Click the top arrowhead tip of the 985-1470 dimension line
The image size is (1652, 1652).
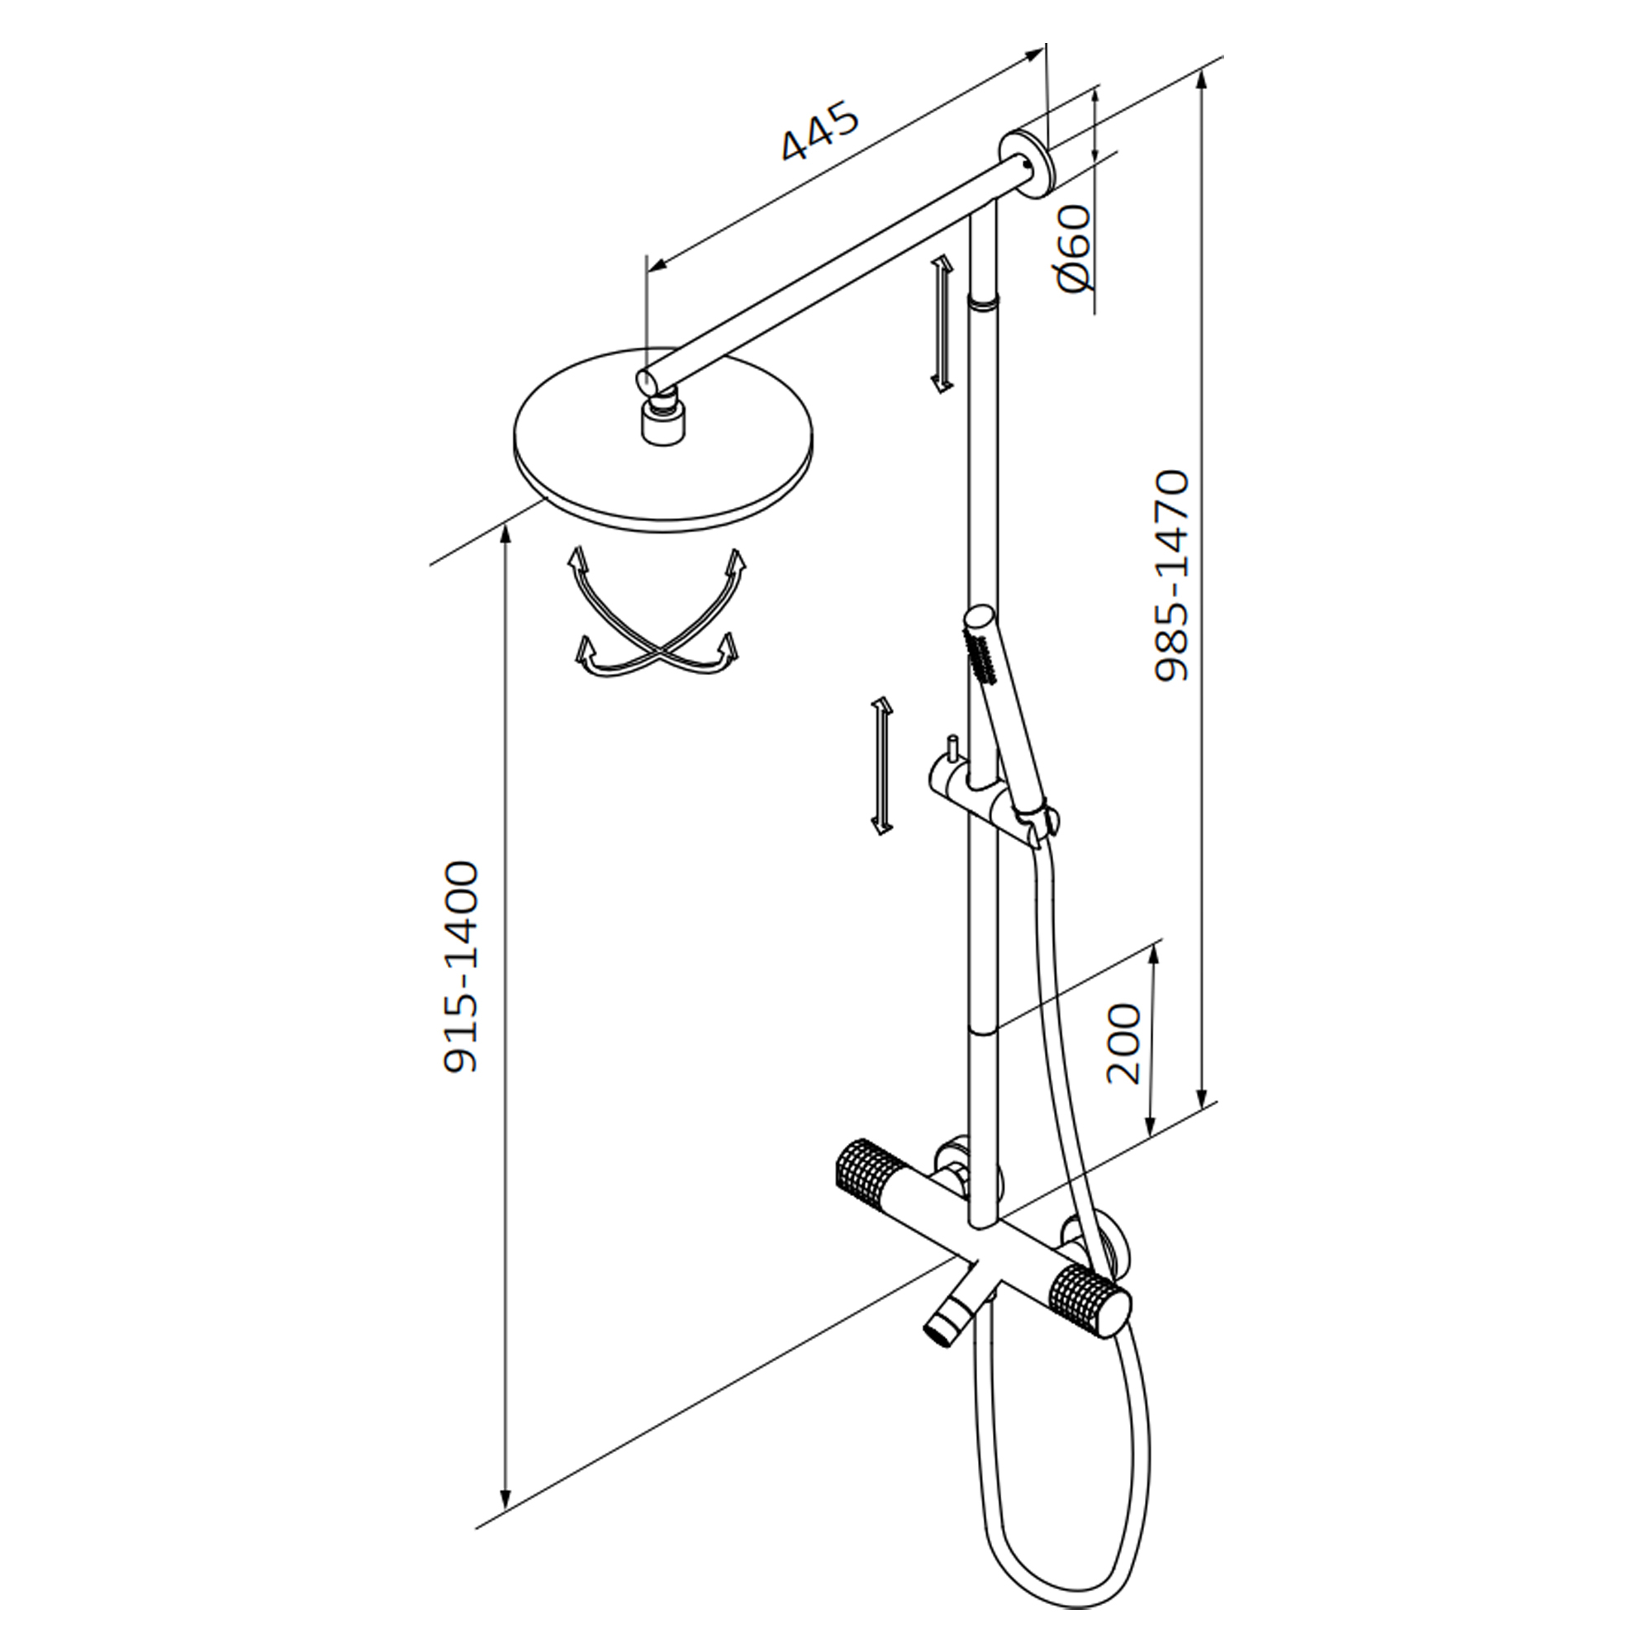point(1203,72)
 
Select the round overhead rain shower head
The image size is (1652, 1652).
point(663,440)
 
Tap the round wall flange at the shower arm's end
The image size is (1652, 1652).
point(1028,164)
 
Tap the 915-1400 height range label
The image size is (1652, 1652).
point(460,967)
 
